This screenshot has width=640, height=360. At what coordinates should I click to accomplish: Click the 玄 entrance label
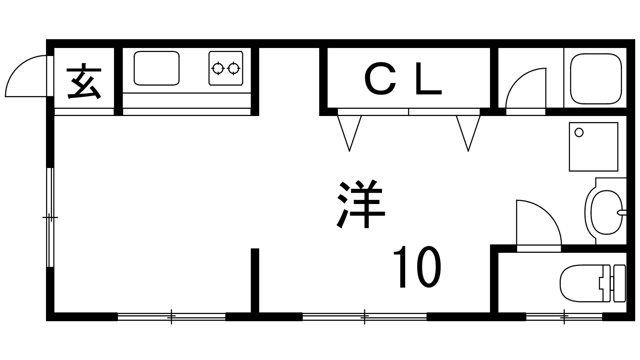pyautogui.click(x=84, y=82)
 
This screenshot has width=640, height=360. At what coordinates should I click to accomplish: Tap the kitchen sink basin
pyautogui.click(x=156, y=68)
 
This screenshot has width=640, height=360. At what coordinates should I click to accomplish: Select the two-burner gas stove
pyautogui.click(x=226, y=68)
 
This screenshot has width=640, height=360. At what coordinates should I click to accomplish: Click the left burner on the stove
pyautogui.click(x=218, y=69)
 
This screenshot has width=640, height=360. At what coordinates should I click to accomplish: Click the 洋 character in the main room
pyautogui.click(x=361, y=204)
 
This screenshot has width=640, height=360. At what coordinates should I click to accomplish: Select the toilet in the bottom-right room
pyautogui.click(x=592, y=283)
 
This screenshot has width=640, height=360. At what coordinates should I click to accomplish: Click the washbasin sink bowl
pyautogui.click(x=604, y=212)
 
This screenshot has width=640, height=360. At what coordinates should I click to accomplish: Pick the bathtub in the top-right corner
pyautogui.click(x=596, y=79)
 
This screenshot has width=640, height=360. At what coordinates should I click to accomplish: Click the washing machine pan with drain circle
pyautogui.click(x=593, y=147)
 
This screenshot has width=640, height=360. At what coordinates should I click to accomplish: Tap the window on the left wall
pyautogui.click(x=50, y=217)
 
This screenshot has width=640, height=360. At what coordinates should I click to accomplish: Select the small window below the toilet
pyautogui.click(x=564, y=317)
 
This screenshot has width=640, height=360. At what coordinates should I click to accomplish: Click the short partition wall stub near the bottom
pyautogui.click(x=255, y=280)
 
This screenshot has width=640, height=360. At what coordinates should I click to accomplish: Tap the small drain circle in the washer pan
pyautogui.click(x=579, y=132)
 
